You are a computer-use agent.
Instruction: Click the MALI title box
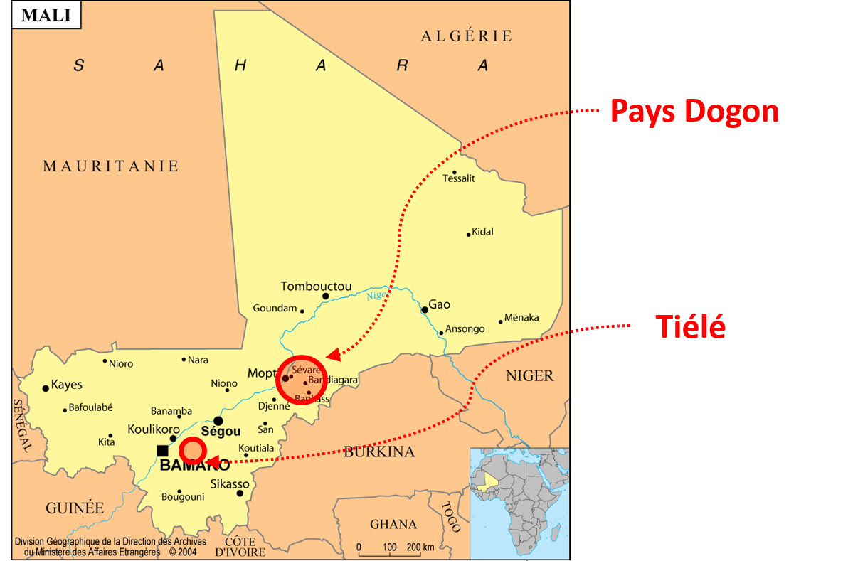point(46,15)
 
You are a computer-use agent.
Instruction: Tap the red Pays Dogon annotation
point(694,112)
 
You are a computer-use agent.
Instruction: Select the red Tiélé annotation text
point(690,326)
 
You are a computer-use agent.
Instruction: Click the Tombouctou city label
point(316,287)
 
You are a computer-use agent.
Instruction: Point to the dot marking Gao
point(425,309)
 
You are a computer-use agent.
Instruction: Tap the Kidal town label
point(482,232)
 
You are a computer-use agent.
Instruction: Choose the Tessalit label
point(459,178)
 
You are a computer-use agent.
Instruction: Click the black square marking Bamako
point(162,450)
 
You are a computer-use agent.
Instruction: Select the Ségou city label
point(221,432)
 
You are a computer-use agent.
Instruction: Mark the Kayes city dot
point(46,388)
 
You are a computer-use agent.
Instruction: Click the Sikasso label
point(230,484)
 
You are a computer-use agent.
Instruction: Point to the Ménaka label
point(521,318)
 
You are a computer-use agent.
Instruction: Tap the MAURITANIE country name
point(110,166)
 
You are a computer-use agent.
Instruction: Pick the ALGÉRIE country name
point(467,36)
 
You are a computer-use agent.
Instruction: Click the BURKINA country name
point(379,452)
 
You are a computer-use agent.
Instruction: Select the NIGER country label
point(529,376)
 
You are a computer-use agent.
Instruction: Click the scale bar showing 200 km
point(396,549)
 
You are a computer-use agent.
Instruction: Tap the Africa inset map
point(519,502)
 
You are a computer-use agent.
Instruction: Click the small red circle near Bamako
point(192,451)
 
